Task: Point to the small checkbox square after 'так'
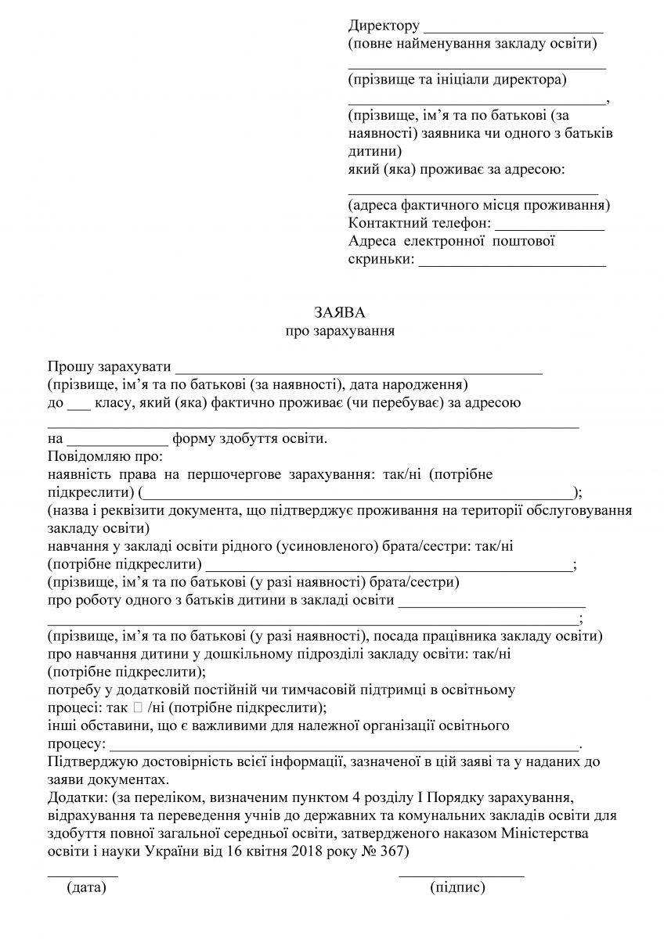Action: point(138,708)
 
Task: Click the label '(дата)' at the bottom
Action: point(86,887)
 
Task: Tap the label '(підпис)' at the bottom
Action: point(458,887)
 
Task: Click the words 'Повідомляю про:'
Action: point(104,456)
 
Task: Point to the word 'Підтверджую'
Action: point(93,761)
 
